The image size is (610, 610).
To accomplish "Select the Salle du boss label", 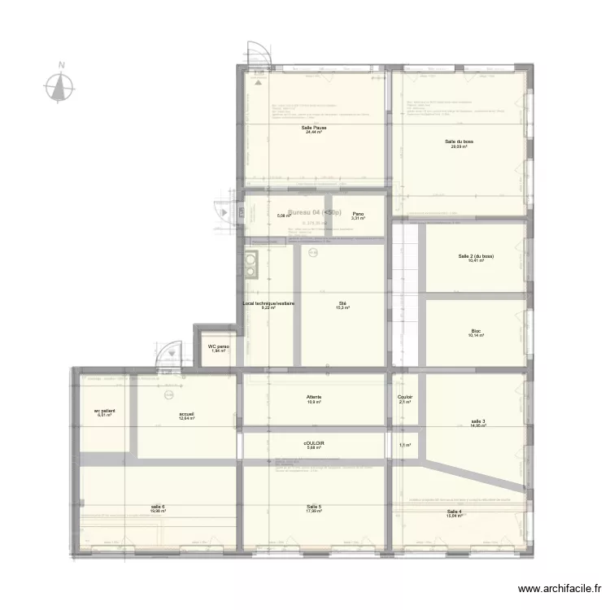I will [x=460, y=142].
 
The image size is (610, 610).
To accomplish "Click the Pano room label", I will [x=358, y=215].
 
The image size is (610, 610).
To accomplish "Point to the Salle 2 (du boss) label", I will [x=476, y=256].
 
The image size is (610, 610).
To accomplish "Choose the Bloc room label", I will [x=475, y=331].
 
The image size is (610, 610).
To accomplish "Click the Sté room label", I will [x=343, y=304].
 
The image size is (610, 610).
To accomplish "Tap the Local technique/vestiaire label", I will [x=268, y=304].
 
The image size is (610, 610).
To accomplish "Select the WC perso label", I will [x=218, y=347].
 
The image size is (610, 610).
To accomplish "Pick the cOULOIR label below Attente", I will [x=314, y=444].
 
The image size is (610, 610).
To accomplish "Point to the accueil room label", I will [x=187, y=414].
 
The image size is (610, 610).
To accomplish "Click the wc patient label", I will [x=105, y=412].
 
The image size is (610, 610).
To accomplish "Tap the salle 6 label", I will [x=158, y=508].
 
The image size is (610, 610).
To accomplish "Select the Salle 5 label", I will [x=314, y=508].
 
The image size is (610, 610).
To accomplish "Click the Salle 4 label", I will [x=454, y=512].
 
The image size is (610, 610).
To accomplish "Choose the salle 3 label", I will [x=477, y=421].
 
